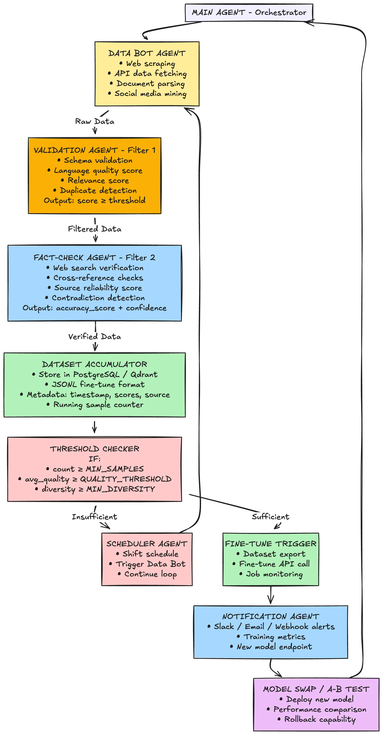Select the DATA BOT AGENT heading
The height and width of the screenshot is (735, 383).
(147, 53)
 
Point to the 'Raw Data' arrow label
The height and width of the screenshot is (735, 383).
(95, 122)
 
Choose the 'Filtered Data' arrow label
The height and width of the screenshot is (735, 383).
(95, 229)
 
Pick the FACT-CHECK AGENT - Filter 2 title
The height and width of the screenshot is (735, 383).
(94, 258)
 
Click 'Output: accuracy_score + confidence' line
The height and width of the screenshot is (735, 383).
(94, 308)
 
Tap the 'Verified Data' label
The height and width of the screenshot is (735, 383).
(95, 337)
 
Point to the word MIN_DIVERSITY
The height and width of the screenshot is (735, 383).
(120, 489)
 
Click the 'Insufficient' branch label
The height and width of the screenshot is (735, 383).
(94, 517)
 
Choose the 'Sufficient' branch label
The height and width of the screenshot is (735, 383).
(270, 517)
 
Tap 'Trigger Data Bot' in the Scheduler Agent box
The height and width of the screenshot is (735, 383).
(150, 564)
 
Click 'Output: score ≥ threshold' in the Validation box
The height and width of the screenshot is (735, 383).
(94, 201)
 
